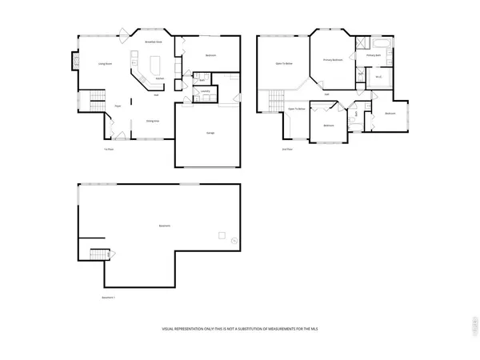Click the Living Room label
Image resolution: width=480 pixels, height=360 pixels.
[x=104, y=63]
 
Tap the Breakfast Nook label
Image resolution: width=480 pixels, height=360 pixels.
[x=154, y=41]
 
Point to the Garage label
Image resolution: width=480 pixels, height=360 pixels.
[x=210, y=132]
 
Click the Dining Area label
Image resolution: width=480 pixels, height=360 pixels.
[x=151, y=121]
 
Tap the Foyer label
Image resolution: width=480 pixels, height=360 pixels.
[x=118, y=105]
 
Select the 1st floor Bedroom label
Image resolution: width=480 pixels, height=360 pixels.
[x=211, y=55]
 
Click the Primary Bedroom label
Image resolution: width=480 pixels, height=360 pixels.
[x=333, y=60]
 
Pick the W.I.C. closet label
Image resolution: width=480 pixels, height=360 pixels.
[x=380, y=77]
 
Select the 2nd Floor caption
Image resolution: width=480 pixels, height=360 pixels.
[x=286, y=149]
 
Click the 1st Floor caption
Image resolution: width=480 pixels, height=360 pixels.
[x=107, y=149]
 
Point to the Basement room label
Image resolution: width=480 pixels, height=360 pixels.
[x=163, y=226]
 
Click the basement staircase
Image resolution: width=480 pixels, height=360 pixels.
[x=97, y=255]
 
